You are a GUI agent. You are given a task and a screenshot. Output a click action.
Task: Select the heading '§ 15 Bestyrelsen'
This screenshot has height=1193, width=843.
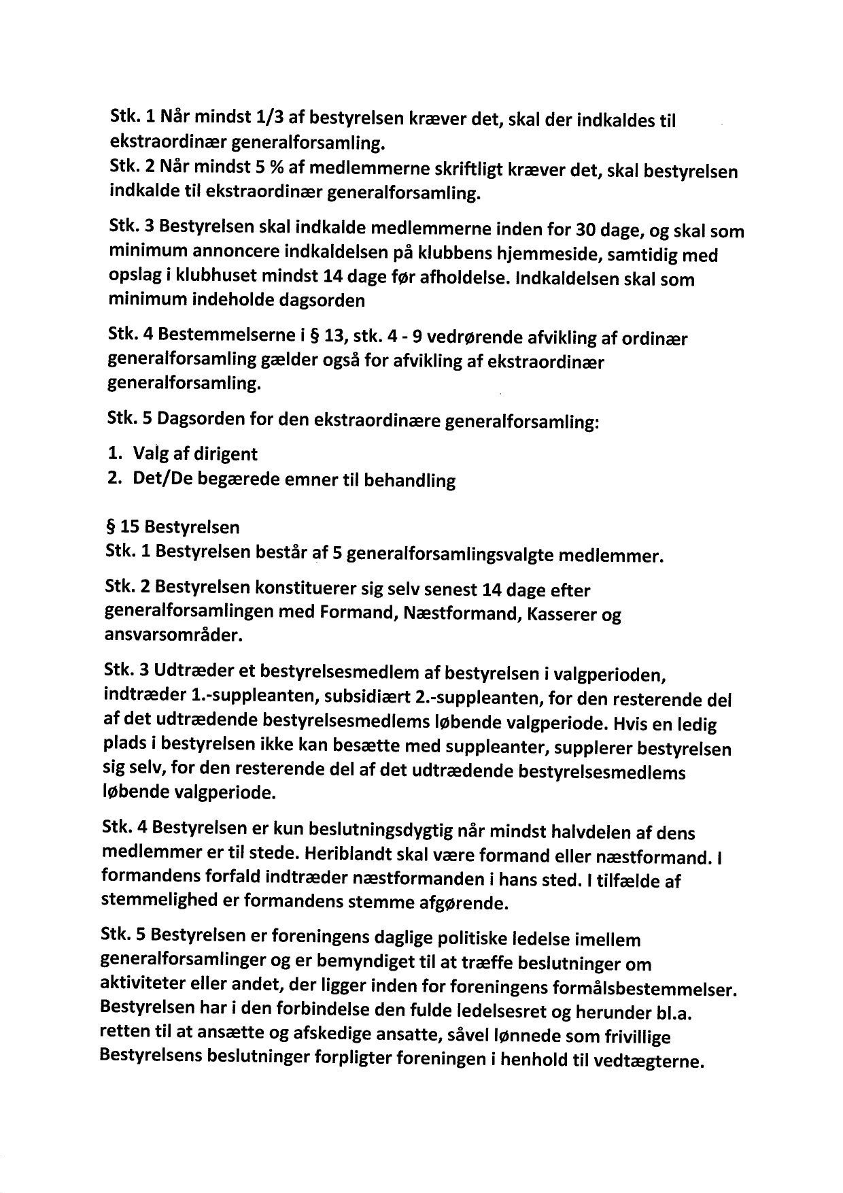click(173, 526)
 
